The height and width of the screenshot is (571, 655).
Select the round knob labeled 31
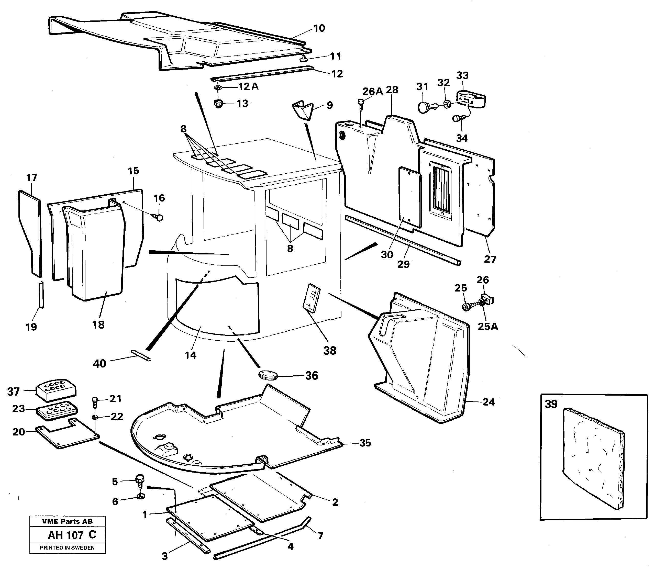pos(424,107)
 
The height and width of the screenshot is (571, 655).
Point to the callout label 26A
pos(372,92)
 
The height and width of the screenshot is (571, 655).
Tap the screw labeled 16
pos(158,218)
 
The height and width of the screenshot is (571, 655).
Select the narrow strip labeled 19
pos(41,295)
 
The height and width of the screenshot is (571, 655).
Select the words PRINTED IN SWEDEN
pos(67,548)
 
